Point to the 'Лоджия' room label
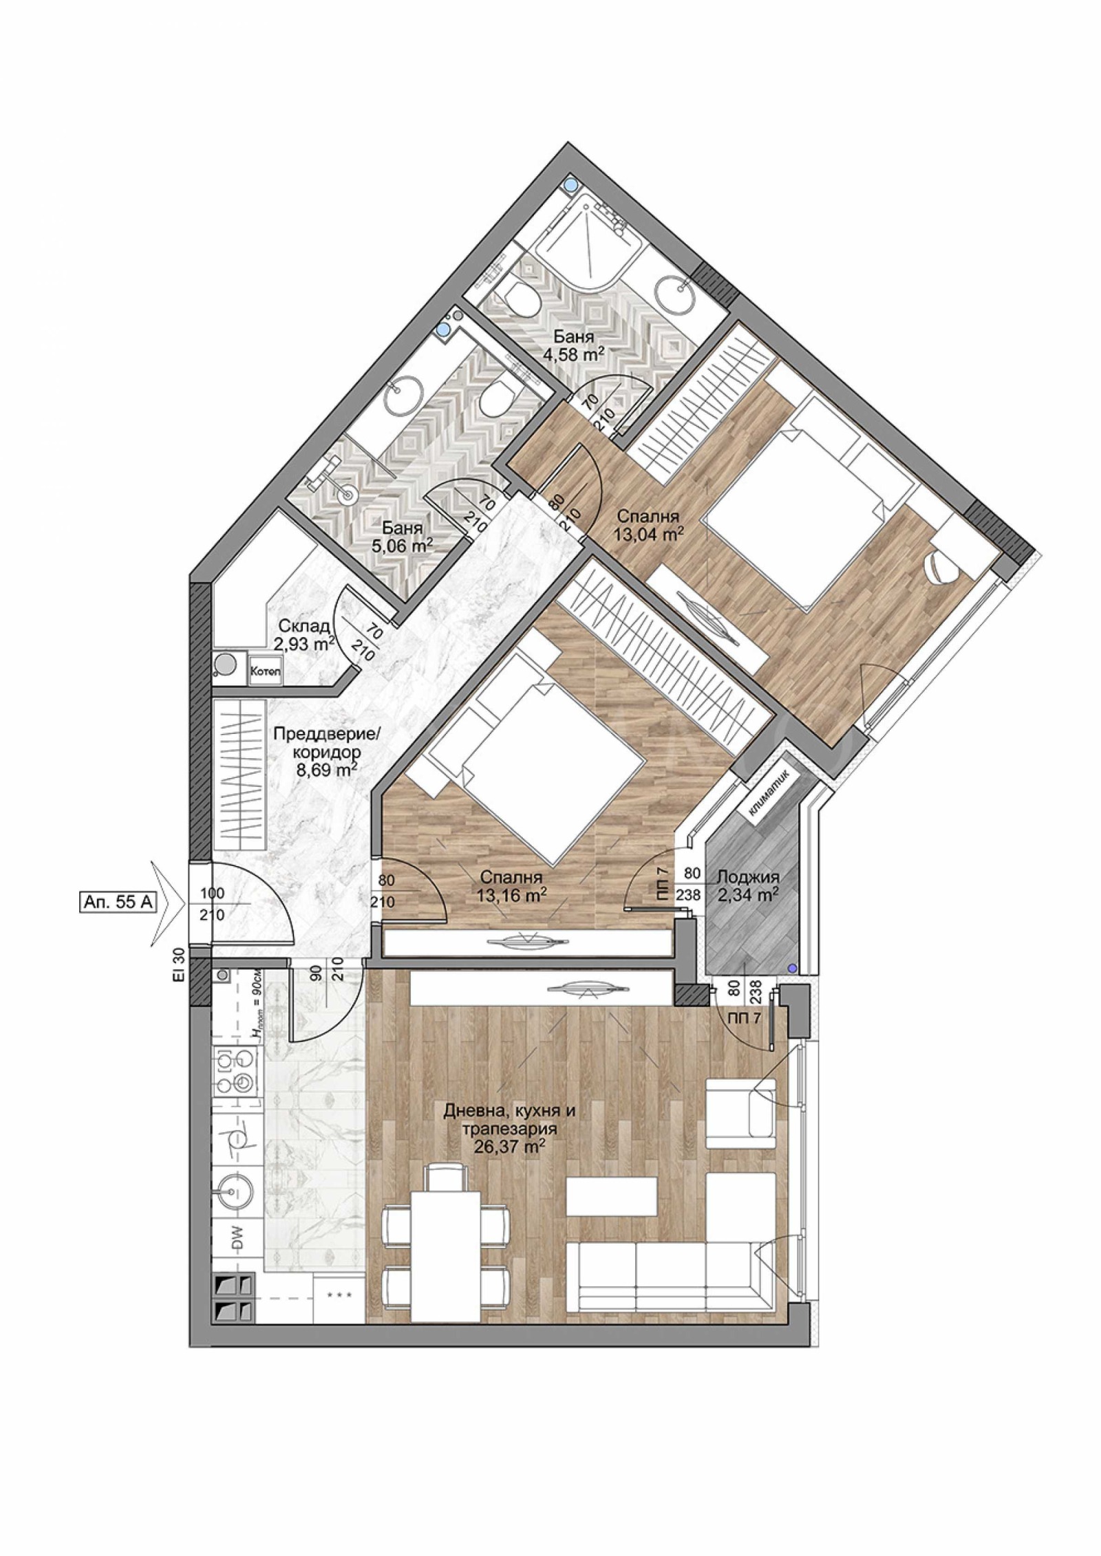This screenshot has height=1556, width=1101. click(x=748, y=877)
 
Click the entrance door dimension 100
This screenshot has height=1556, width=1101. click(x=212, y=894)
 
